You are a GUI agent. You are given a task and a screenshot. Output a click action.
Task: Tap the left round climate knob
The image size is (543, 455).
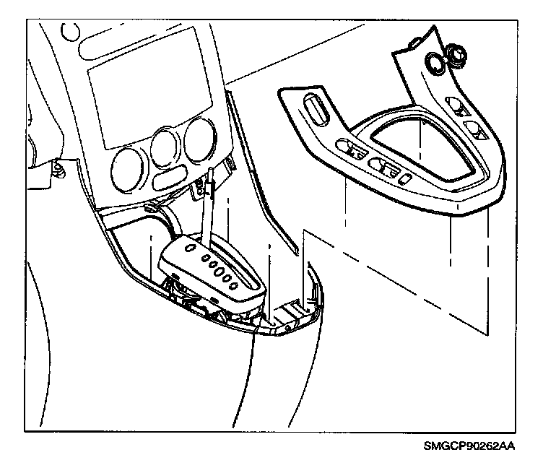(x=127, y=165)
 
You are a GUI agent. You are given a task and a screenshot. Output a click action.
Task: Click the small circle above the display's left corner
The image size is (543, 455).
(x=71, y=32)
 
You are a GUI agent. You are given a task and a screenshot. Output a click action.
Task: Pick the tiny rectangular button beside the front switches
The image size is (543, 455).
(x=409, y=178)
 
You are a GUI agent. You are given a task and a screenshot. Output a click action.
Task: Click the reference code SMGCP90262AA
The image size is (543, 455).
(x=479, y=446)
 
